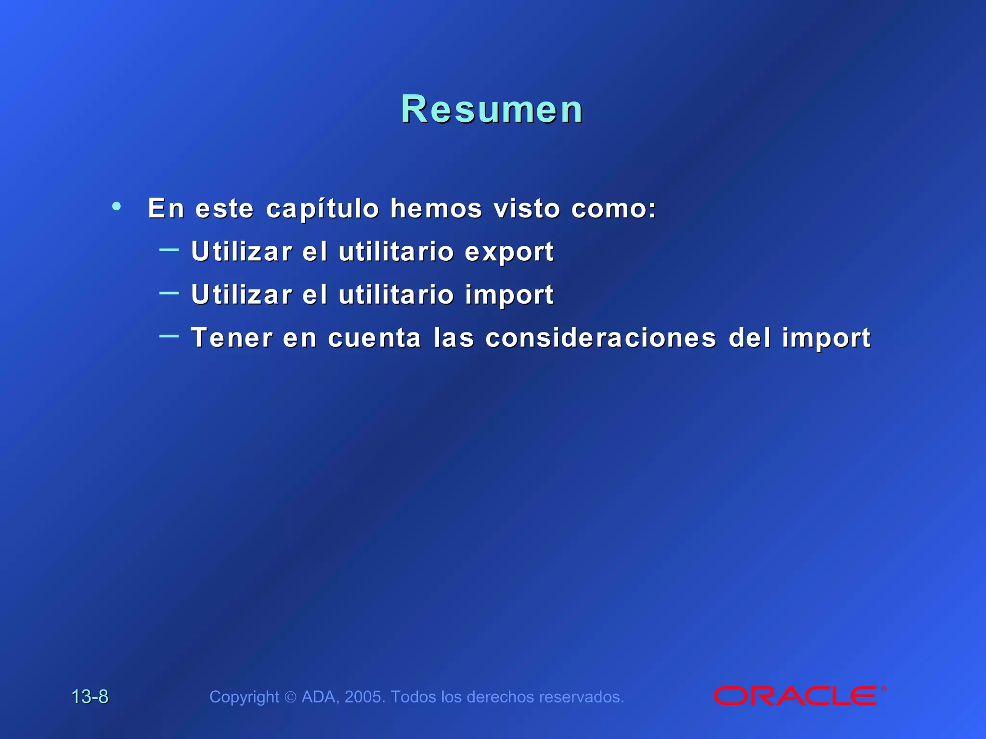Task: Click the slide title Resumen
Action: point(492,110)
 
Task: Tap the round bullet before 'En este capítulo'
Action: point(117,206)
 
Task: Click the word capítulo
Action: point(323,209)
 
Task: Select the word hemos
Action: point(436,208)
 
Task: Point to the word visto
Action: point(527,208)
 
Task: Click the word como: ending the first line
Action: point(614,208)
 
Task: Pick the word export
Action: point(509,252)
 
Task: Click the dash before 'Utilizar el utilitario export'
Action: point(169,250)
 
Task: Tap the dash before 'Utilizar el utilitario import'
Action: point(169,293)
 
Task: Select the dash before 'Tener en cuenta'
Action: point(169,336)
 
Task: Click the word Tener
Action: point(232,338)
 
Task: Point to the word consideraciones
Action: point(601,338)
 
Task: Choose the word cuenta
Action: point(375,338)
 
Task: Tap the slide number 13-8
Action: point(90,697)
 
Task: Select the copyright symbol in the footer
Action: point(290,697)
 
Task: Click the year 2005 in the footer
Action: point(364,697)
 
